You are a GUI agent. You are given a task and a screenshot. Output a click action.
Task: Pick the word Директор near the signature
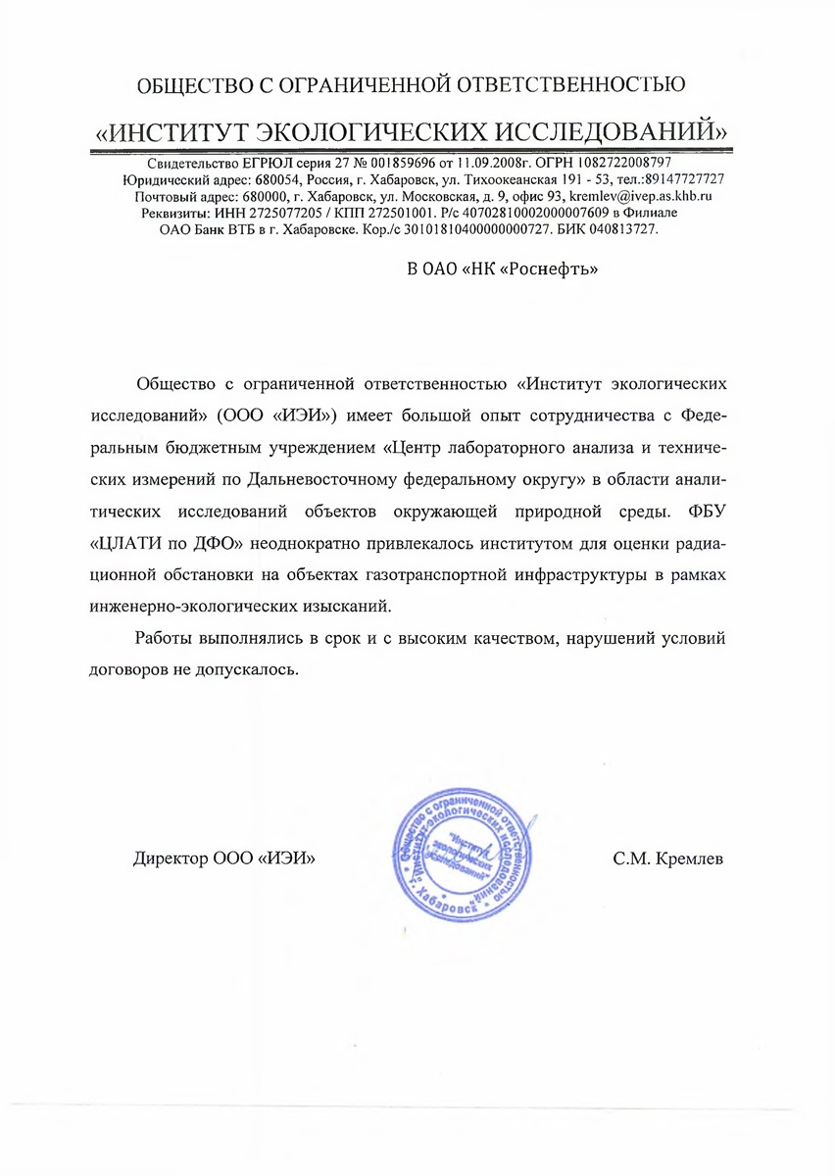point(170,859)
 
